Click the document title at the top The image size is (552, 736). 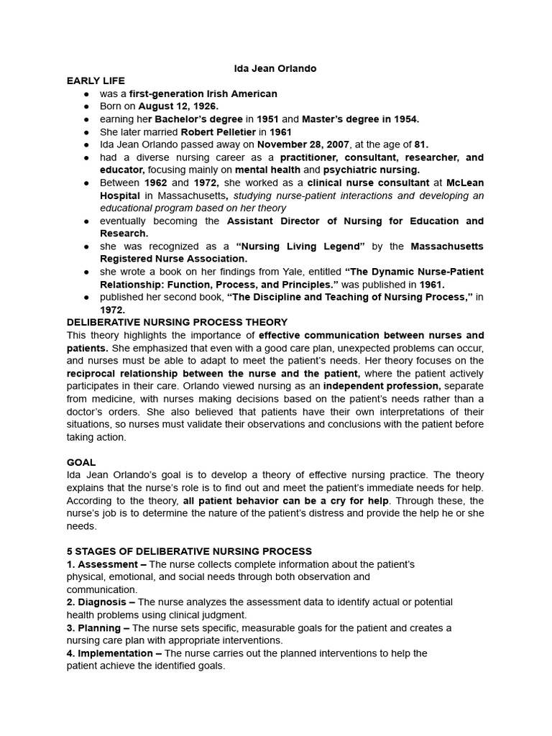tap(275, 68)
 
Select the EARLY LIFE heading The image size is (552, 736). tap(96, 80)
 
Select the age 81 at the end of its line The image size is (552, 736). tap(421, 144)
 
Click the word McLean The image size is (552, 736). tap(464, 183)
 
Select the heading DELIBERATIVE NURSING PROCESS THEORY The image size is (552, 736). tap(177, 322)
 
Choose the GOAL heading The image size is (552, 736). tap(81, 462)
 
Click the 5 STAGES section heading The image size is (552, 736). tap(189, 551)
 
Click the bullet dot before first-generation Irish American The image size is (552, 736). tap(86, 93)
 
